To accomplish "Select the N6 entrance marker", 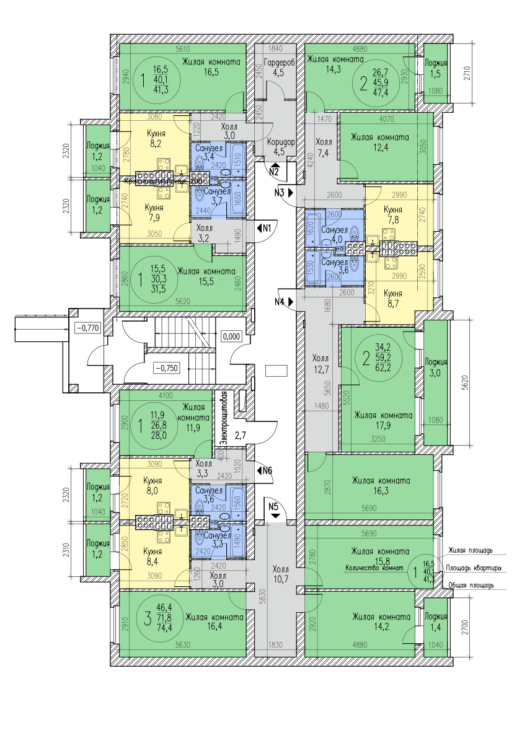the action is coord(267,471).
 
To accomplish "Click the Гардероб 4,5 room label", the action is coord(278,68).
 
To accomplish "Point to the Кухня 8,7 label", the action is coord(392,299).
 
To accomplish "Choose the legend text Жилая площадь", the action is coord(470,550).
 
